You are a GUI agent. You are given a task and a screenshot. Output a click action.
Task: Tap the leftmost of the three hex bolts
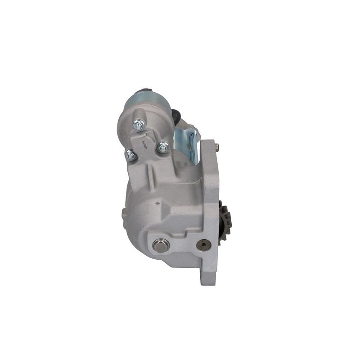[130, 155]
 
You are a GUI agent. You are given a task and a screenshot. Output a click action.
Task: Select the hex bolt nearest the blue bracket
[163, 146]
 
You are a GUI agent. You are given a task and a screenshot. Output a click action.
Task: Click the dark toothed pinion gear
[225, 220]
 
